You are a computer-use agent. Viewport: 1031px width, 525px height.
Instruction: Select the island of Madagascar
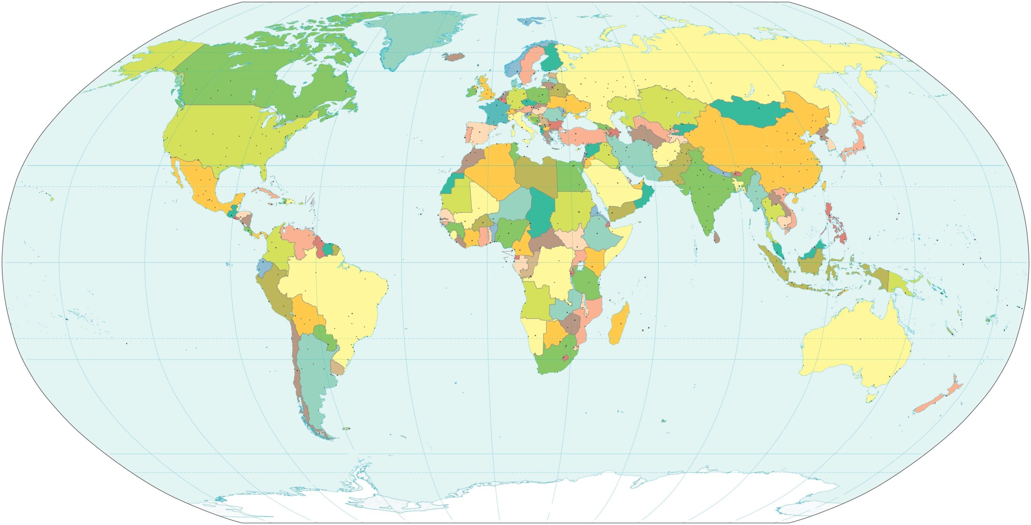point(619,325)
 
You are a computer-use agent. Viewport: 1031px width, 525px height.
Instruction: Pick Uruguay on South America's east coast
point(337,368)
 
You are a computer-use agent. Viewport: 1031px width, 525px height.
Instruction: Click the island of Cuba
point(266,192)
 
